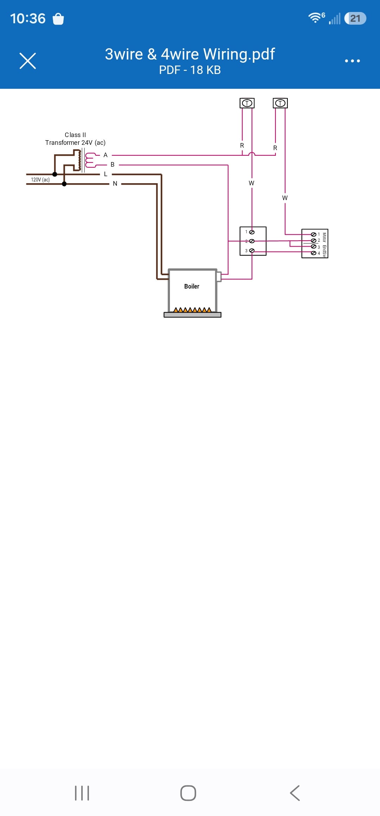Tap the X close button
(28, 61)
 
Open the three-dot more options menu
(352, 61)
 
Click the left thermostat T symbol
(247, 103)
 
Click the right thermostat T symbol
(280, 103)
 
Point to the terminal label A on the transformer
(105, 155)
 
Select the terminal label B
(113, 165)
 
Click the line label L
(106, 174)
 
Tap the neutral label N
(115, 184)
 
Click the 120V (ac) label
(40, 180)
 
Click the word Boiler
(192, 286)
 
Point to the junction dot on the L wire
(55, 174)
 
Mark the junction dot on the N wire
(64, 184)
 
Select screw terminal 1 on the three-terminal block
(252, 232)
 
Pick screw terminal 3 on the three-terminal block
(252, 251)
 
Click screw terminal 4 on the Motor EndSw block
(313, 253)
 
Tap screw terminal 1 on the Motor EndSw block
(313, 234)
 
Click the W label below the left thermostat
(251, 183)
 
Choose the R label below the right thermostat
(275, 148)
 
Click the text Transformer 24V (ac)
(75, 143)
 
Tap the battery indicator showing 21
(355, 18)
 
